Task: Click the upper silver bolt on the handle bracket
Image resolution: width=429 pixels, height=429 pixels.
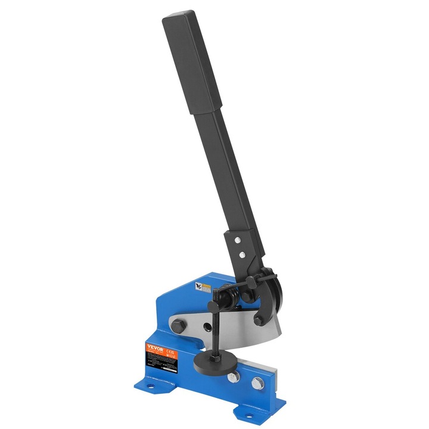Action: coord(237,240)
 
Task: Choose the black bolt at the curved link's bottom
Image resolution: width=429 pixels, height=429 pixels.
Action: coord(258,320)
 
